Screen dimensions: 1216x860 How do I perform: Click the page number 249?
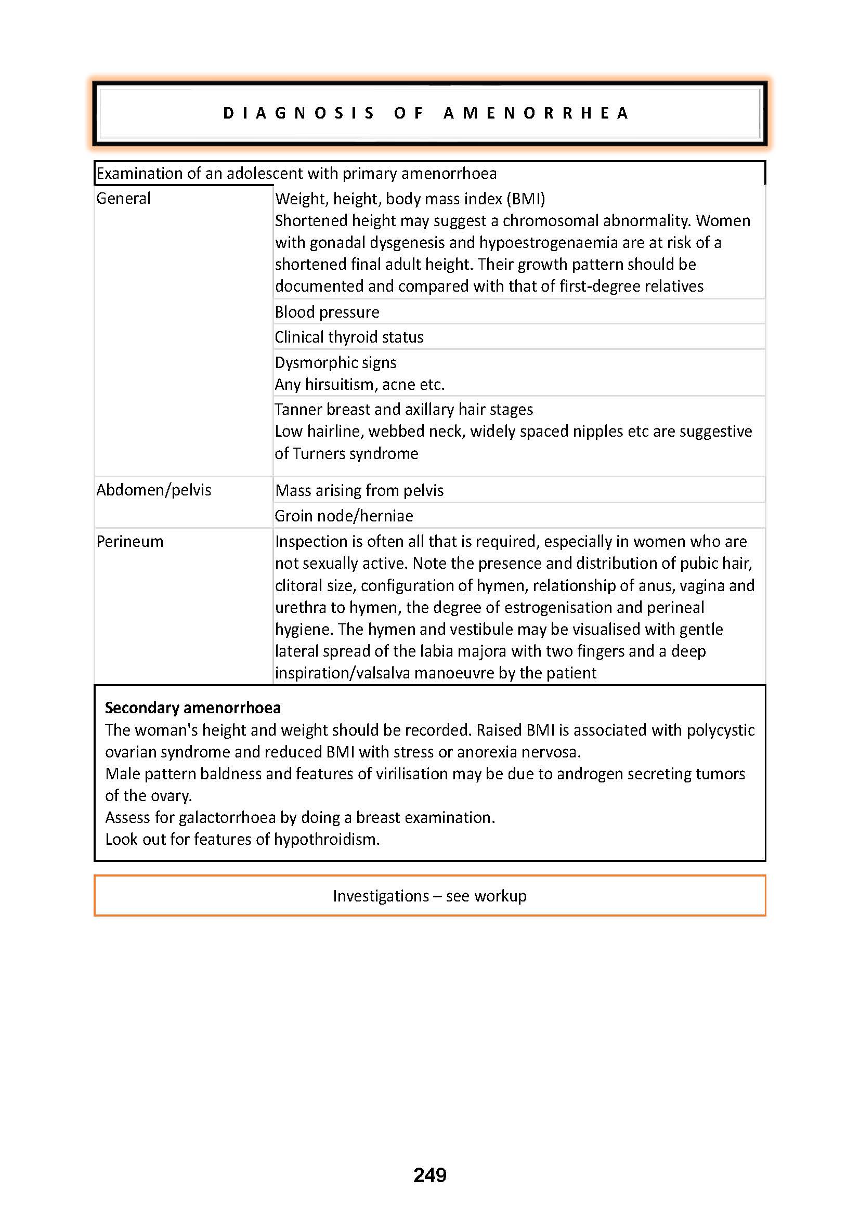pyautogui.click(x=429, y=1175)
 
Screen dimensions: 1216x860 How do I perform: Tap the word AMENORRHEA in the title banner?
pyautogui.click(x=536, y=113)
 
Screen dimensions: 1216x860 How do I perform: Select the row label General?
pyautogui.click(x=123, y=198)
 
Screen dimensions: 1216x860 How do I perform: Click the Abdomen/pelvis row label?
pyautogui.click(x=153, y=490)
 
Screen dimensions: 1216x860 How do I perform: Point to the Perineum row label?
pyautogui.click(x=130, y=541)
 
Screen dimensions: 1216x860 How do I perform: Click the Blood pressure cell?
pyautogui.click(x=327, y=312)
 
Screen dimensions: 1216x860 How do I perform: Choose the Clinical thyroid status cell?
pyautogui.click(x=349, y=337)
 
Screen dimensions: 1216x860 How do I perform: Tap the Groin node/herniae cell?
pyautogui.click(x=344, y=515)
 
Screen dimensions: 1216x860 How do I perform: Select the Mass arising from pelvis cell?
pyautogui.click(x=359, y=490)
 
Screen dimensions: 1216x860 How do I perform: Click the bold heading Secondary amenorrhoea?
pyautogui.click(x=193, y=708)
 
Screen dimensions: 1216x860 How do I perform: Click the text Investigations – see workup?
pyautogui.click(x=429, y=896)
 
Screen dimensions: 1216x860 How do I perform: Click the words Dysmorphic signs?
pyautogui.click(x=335, y=362)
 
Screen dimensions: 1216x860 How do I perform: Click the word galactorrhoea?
pyautogui.click(x=227, y=817)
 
